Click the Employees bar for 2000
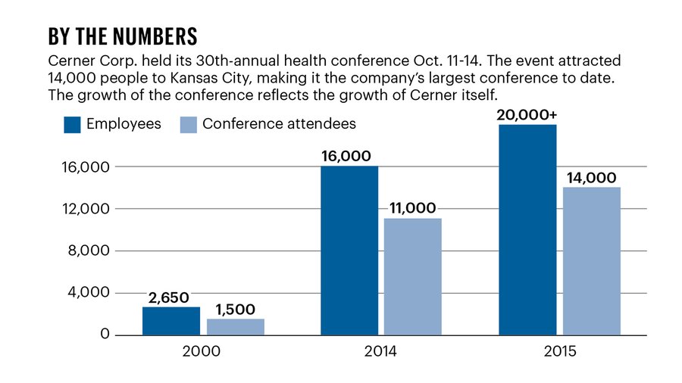171,320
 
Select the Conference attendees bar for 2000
235,326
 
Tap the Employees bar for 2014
349,250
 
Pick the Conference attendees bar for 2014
413,276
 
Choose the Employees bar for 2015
527,229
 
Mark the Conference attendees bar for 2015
592,260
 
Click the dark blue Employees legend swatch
73,124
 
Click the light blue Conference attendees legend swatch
188,124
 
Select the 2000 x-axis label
203,352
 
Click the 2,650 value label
168,297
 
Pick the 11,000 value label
413,208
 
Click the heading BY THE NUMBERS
123,36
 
